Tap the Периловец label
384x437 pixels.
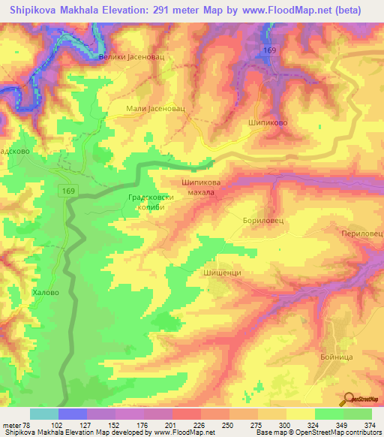click(362, 234)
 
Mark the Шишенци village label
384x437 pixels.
click(222, 273)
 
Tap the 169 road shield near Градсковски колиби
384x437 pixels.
click(67, 192)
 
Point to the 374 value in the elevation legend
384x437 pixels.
click(369, 426)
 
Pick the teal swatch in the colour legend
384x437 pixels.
click(43, 414)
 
